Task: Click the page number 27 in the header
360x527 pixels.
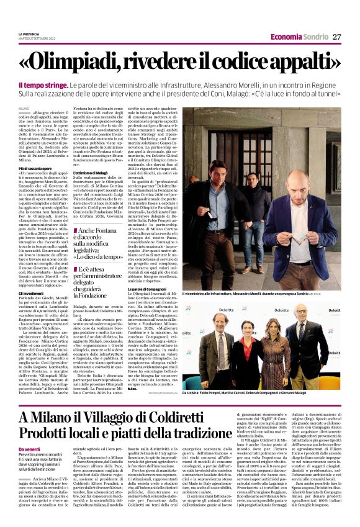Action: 336,37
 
